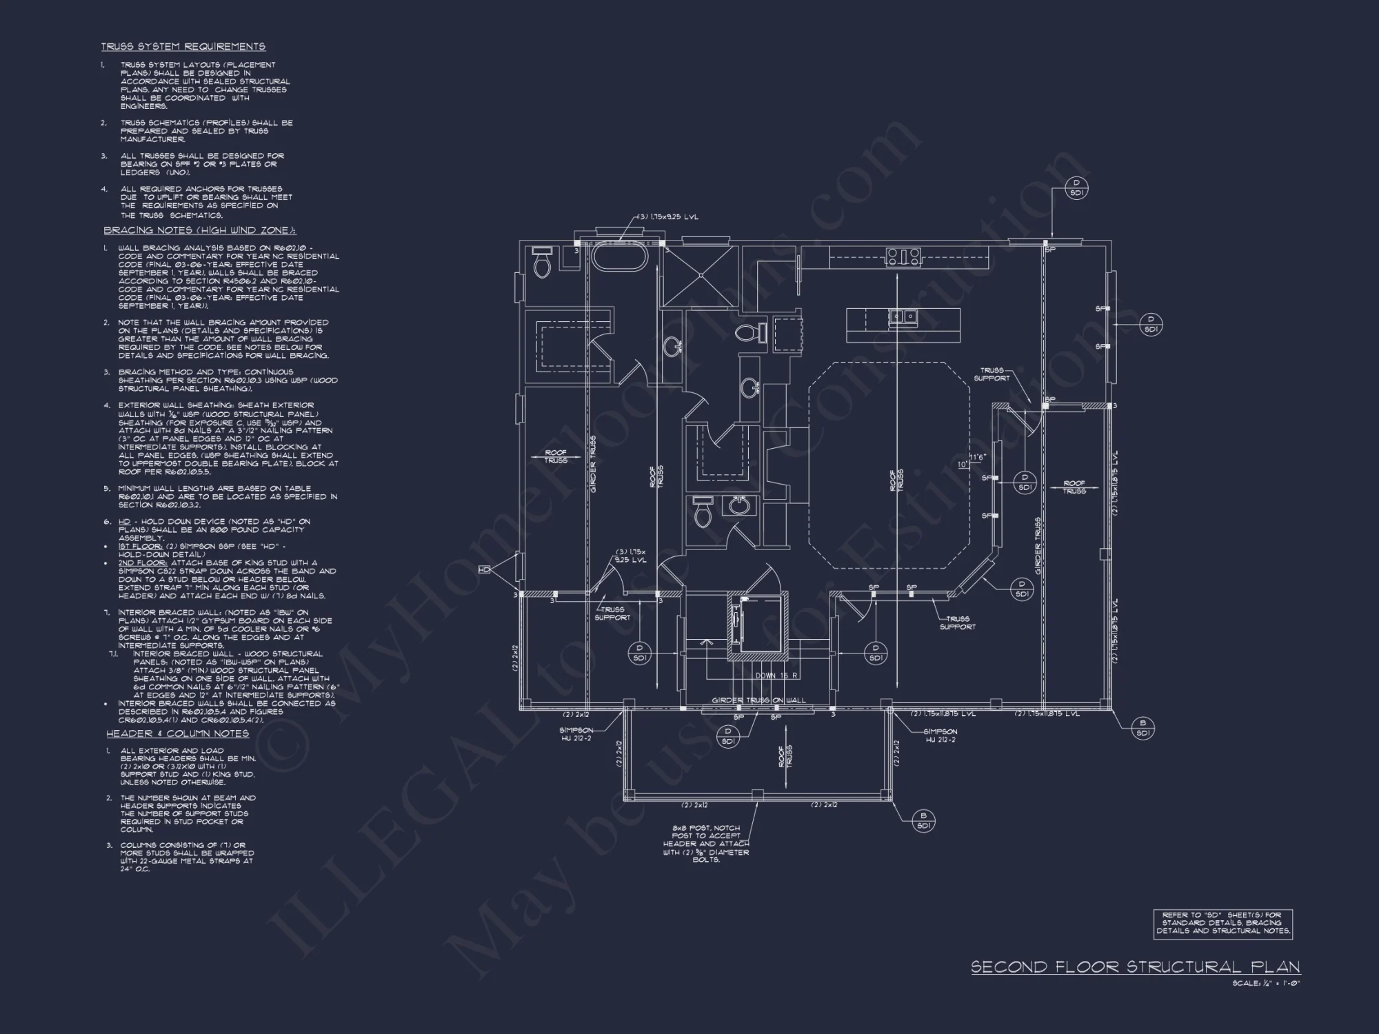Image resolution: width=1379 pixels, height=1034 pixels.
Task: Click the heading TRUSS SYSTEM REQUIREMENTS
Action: click(183, 47)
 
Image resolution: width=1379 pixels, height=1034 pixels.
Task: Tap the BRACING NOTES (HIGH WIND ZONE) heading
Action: click(200, 230)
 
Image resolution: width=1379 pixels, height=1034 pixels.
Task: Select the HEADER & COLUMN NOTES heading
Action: click(178, 733)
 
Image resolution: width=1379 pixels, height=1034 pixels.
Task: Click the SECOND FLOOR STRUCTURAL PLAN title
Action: click(1136, 967)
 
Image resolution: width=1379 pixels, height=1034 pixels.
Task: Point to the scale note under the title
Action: click(1266, 984)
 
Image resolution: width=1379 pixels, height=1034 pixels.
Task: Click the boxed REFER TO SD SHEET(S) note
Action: click(1223, 924)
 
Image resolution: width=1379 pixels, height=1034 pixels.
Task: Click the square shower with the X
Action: click(700, 276)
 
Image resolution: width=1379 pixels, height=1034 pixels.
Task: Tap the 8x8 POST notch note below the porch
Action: click(706, 844)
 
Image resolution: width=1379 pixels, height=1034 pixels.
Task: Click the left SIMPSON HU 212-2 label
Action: click(576, 734)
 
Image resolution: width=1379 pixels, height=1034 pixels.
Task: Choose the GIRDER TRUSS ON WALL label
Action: click(758, 700)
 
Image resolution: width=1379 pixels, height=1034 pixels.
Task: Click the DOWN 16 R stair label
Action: click(776, 676)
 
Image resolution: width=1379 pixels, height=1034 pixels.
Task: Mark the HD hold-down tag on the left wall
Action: click(484, 570)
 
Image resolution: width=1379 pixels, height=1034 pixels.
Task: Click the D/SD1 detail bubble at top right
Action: click(1076, 188)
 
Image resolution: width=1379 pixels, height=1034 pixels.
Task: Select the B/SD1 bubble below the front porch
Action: click(923, 820)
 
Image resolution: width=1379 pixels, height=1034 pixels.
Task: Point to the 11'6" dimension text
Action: click(978, 457)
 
